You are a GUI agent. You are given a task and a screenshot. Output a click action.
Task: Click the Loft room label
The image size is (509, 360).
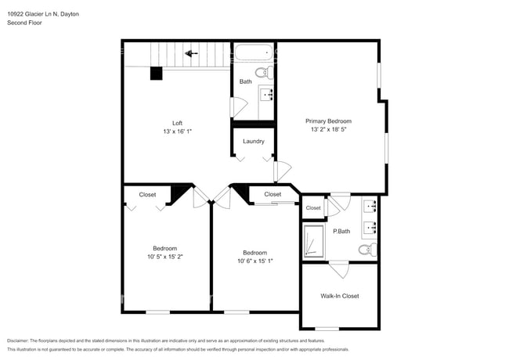pyautogui.click(x=178, y=123)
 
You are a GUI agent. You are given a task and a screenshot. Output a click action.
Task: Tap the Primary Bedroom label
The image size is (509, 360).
pyautogui.click(x=328, y=121)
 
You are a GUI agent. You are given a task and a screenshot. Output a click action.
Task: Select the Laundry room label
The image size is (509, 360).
pyautogui.click(x=254, y=142)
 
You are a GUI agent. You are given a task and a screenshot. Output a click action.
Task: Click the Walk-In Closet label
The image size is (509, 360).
pyautogui.click(x=340, y=296)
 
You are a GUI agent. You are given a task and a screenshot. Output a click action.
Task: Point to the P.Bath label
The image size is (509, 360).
pyautogui.click(x=341, y=232)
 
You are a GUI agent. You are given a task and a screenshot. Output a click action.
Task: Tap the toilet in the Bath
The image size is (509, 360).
pyautogui.click(x=265, y=73)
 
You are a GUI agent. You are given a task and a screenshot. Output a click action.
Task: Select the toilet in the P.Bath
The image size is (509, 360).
pyautogui.click(x=366, y=250)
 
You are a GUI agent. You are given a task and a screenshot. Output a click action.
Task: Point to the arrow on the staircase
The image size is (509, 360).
pyautogui.click(x=189, y=53)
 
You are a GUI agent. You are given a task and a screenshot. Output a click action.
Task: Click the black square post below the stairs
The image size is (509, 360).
pyautogui.click(x=156, y=73)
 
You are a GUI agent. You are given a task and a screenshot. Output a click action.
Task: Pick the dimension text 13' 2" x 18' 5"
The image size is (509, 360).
pyautogui.click(x=328, y=131)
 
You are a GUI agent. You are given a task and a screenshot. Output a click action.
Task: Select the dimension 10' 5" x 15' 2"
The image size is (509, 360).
pyautogui.click(x=164, y=256)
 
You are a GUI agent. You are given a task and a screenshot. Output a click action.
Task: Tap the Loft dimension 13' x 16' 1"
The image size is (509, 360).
pyautogui.click(x=178, y=131)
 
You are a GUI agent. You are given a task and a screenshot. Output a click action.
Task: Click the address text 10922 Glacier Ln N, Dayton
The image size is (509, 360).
pyautogui.click(x=42, y=14)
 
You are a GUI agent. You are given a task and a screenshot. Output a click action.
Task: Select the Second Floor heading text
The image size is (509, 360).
pyautogui.click(x=24, y=23)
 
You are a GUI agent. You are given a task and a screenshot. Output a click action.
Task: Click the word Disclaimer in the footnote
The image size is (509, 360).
pyautogui.click(x=20, y=341)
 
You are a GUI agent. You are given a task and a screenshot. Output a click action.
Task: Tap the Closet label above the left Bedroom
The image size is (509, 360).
pyautogui.click(x=147, y=194)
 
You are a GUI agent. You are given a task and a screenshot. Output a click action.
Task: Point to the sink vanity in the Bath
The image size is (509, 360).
pyautogui.click(x=266, y=96)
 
